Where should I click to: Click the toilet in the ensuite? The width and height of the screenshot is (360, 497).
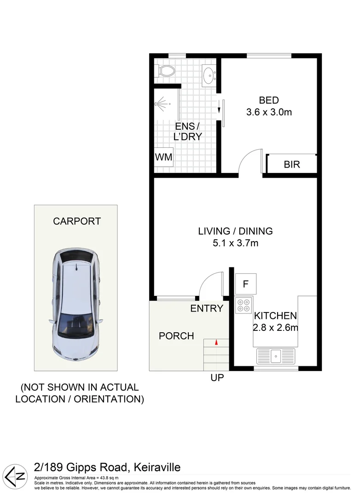click(166, 71)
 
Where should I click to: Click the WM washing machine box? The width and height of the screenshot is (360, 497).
click(163, 157)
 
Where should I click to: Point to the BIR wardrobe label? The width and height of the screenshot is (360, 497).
click(291, 164)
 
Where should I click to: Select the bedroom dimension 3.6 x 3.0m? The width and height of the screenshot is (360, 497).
click(269, 112)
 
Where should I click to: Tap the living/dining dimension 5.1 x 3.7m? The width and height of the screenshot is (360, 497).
click(235, 243)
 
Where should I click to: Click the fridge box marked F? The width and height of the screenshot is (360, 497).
click(245, 284)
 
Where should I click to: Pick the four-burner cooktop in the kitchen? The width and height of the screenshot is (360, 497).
click(243, 305)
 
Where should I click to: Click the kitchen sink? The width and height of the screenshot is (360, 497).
click(276, 355)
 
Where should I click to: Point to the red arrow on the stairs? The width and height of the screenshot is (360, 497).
click(216, 341)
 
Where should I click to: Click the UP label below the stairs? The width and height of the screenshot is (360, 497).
click(217, 378)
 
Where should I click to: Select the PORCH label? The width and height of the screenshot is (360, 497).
click(176, 336)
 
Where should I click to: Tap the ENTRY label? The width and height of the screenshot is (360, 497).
click(206, 309)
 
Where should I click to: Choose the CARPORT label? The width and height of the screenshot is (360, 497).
click(77, 221)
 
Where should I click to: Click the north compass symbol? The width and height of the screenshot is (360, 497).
click(15, 474)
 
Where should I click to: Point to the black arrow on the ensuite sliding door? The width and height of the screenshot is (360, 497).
click(219, 109)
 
